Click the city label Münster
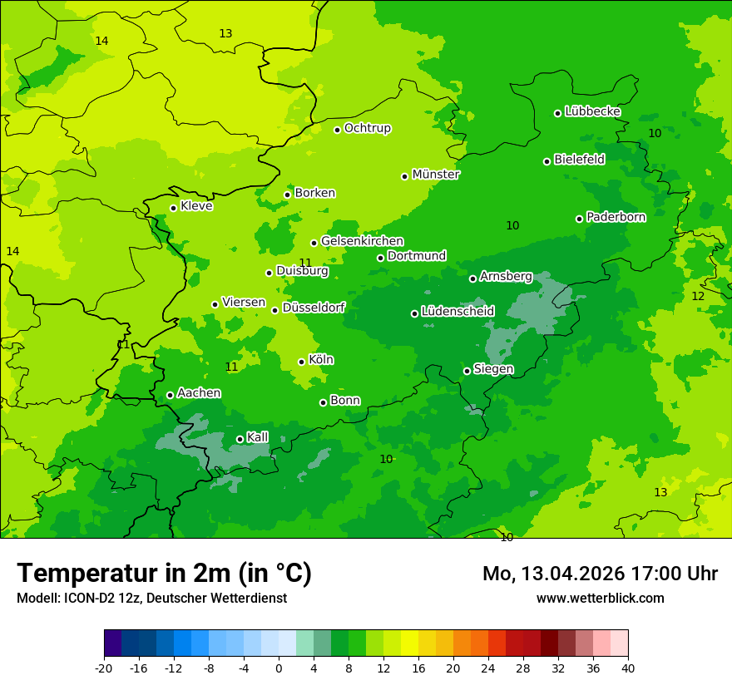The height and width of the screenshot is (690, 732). click(435, 175)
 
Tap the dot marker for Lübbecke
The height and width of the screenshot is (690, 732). click(557, 113)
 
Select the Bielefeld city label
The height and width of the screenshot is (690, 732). click(579, 159)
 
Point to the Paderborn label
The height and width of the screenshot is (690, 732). click(616, 217)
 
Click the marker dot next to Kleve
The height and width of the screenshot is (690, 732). click(173, 208)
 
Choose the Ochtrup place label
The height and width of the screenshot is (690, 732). click(367, 128)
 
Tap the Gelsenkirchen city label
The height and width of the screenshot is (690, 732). click(362, 241)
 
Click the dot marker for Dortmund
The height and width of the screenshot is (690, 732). click(380, 258)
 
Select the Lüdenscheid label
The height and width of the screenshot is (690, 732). click(457, 312)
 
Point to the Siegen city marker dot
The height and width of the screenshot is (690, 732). click(467, 371)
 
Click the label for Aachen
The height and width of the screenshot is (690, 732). click(199, 392)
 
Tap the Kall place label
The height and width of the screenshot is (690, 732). click(257, 437)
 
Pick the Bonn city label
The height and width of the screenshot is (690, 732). click(345, 400)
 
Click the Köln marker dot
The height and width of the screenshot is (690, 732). click(301, 362)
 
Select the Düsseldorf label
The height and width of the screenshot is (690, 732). click(314, 308)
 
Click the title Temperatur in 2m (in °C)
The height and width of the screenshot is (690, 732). click(164, 573)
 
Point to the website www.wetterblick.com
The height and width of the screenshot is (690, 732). click(600, 598)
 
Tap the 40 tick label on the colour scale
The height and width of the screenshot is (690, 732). click(628, 668)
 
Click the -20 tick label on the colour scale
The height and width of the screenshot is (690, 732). click(104, 668)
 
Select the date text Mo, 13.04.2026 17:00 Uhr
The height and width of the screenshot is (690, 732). click(600, 574)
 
